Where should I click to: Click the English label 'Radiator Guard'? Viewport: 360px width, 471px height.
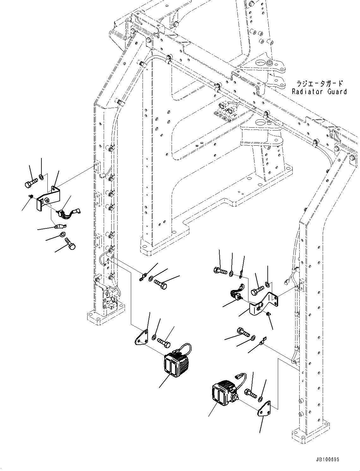pos(319,92)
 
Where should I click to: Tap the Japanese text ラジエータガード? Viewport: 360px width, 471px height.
pos(319,84)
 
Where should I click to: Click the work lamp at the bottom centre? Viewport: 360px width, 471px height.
pos(176,364)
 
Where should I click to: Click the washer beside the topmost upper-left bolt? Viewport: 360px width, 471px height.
pos(42,176)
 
